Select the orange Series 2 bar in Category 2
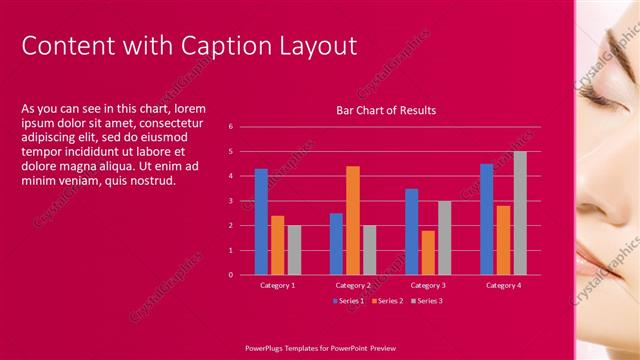[353, 220]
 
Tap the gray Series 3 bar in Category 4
[520, 213]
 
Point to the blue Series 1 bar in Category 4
[486, 219]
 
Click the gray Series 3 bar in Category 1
[294, 250]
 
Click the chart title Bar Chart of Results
[385, 110]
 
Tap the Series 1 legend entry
[349, 300]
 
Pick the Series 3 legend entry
[426, 300]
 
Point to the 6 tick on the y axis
[230, 127]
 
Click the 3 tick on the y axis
[230, 201]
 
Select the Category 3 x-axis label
[428, 285]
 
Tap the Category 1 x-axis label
[277, 285]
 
